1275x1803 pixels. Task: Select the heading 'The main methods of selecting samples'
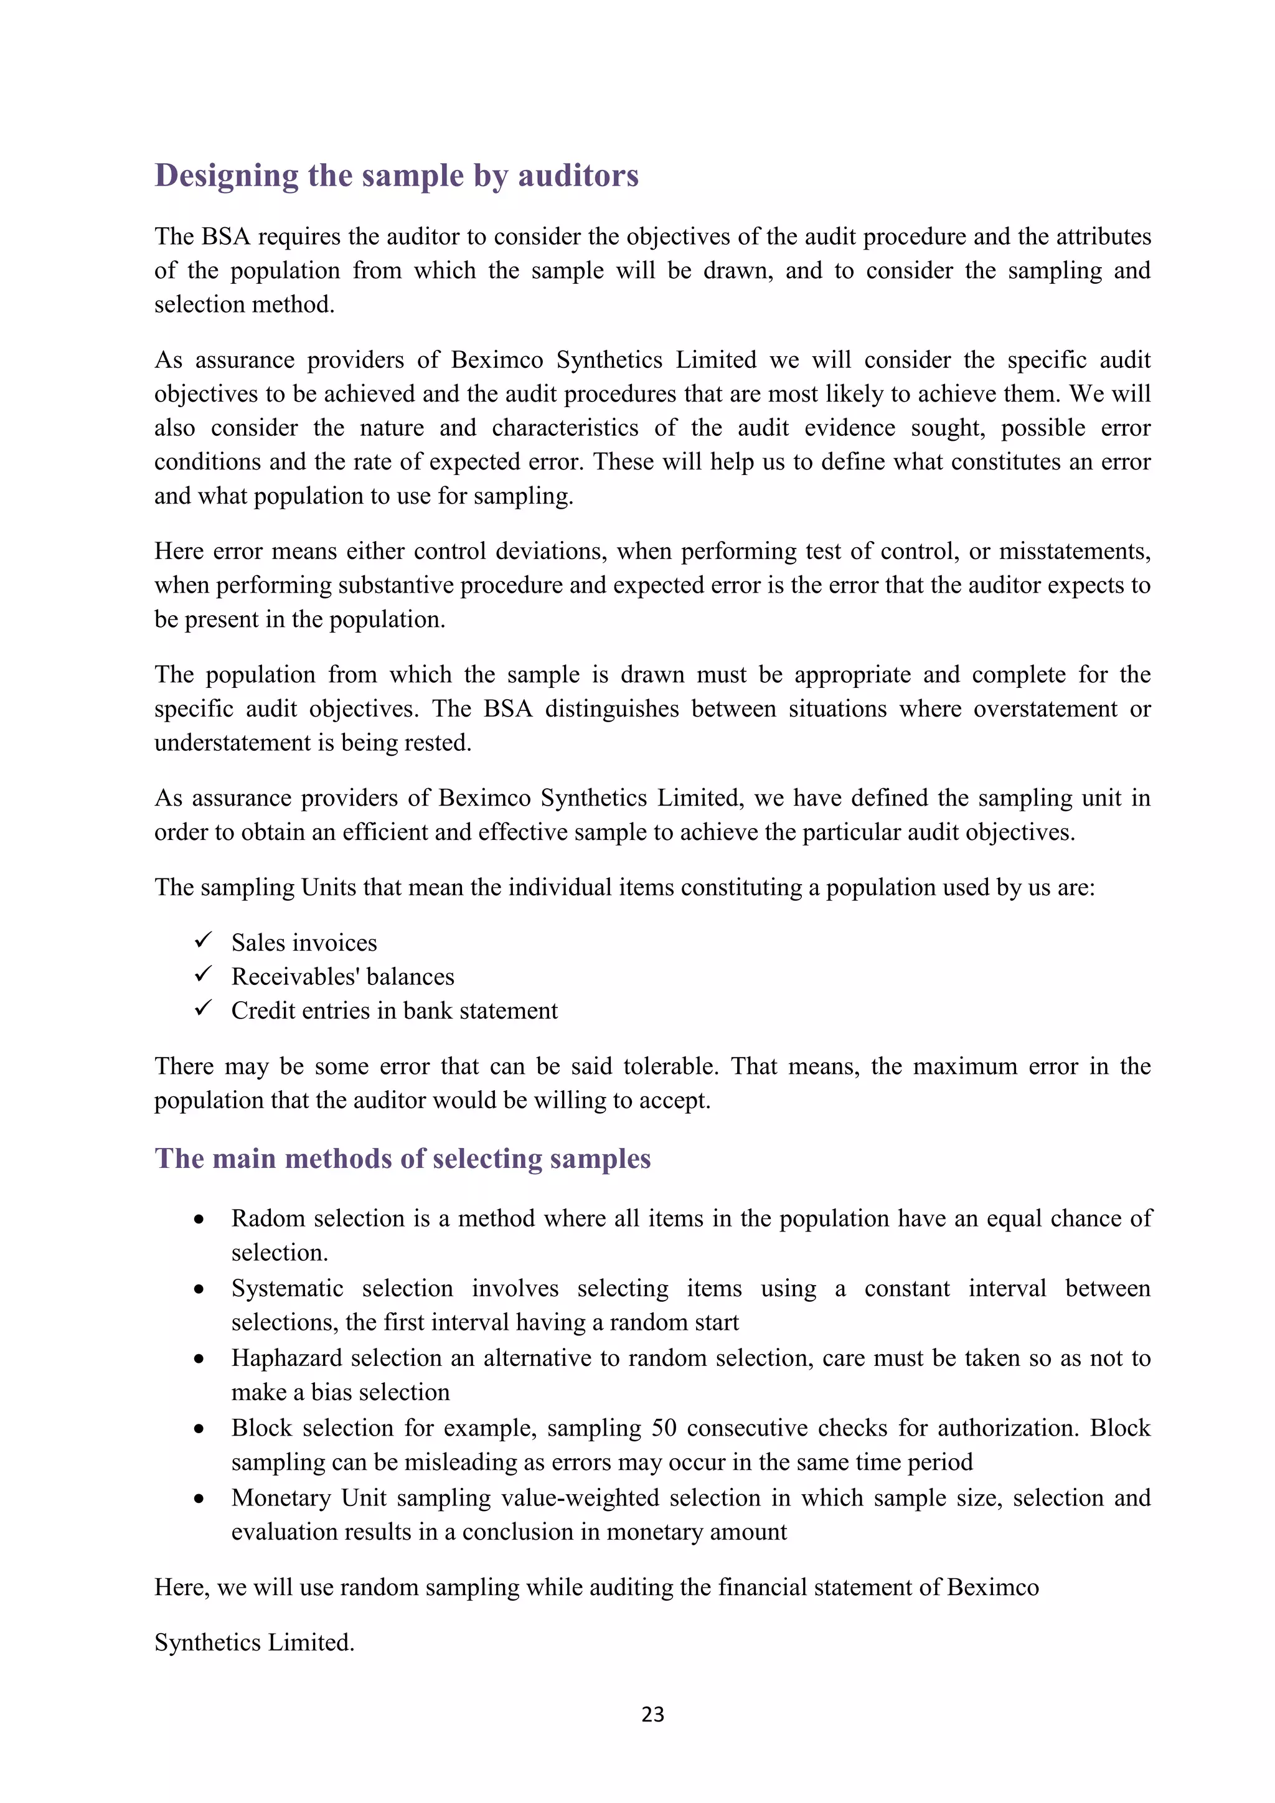point(403,1159)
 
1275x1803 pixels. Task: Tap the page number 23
point(652,1714)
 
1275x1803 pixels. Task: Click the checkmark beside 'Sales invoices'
point(204,939)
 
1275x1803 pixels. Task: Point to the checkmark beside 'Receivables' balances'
point(204,974)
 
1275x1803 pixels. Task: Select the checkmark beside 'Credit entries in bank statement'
point(204,1007)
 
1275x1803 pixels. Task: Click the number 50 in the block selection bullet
point(664,1428)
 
